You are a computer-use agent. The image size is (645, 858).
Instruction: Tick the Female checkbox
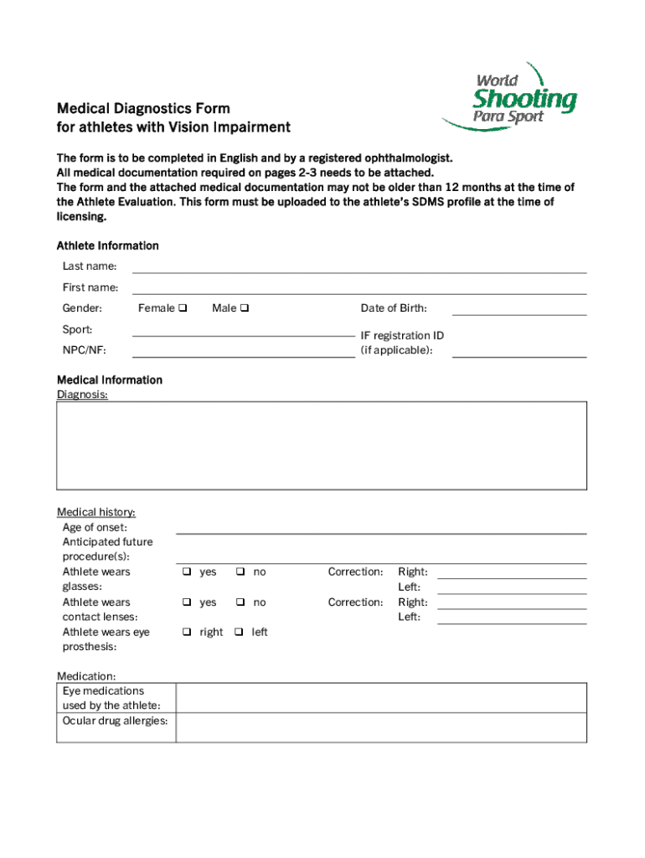[183, 308]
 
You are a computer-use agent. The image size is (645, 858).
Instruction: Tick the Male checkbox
[245, 308]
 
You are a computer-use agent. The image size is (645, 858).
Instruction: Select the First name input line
[359, 289]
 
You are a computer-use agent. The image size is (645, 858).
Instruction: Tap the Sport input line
[243, 332]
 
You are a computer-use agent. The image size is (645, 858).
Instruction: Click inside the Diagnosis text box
[322, 445]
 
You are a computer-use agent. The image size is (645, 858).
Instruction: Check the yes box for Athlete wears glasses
[187, 572]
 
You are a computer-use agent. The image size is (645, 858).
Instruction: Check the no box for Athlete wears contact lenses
[240, 602]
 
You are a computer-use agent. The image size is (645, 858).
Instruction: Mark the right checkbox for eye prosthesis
[187, 633]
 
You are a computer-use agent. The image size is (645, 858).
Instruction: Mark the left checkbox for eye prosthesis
[240, 633]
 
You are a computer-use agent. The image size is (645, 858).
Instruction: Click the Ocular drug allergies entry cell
[381, 727]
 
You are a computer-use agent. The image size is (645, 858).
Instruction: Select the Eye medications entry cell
[381, 698]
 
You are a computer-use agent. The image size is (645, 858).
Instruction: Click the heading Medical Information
[110, 380]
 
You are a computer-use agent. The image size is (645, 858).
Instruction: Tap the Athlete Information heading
[107, 246]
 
